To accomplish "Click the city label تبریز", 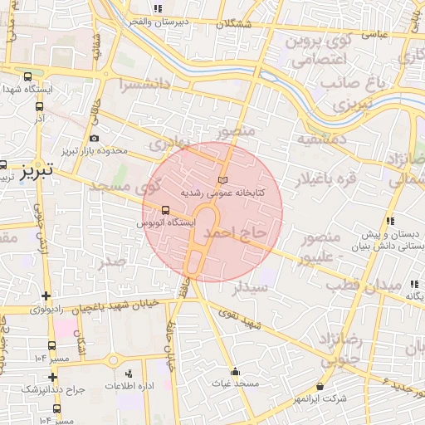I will (x=36, y=169).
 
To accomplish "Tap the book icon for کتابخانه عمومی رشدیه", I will (x=221, y=179).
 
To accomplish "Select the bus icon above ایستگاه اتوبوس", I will (x=165, y=210).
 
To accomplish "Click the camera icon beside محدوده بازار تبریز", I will (x=94, y=138).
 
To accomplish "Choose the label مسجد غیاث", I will (x=235, y=384).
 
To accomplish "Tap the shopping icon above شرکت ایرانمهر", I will (x=321, y=386).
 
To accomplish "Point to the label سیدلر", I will (x=250, y=288).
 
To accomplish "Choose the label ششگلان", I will (x=234, y=24).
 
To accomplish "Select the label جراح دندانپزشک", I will (x=31, y=388).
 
